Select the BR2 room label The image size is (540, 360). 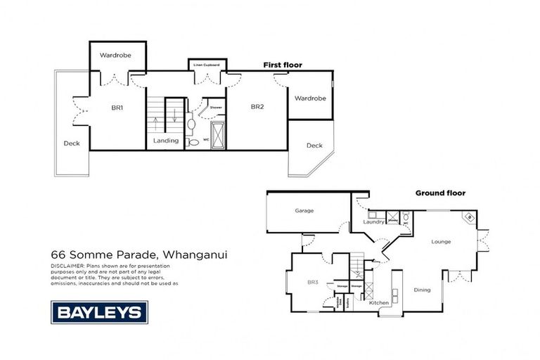(x=257, y=107)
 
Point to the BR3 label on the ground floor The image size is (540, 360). (x=313, y=282)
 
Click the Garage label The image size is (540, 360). (x=304, y=210)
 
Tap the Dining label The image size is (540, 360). (x=422, y=289)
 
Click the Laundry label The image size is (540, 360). (x=373, y=222)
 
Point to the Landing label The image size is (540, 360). (x=167, y=141)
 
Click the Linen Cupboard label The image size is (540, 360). (x=206, y=65)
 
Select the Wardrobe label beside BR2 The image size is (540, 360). (x=309, y=98)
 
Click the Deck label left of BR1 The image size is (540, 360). (x=72, y=143)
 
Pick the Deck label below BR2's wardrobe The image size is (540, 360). (x=314, y=146)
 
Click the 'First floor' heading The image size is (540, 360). (x=283, y=65)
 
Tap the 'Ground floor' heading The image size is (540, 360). (x=440, y=193)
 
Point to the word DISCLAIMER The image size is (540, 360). (x=67, y=266)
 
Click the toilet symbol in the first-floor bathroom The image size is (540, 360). (x=194, y=142)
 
